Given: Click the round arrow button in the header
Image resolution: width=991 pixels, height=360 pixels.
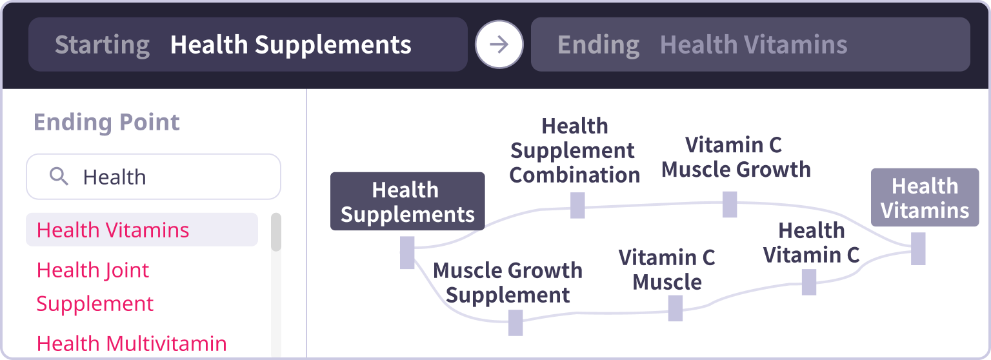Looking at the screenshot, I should click(x=499, y=45).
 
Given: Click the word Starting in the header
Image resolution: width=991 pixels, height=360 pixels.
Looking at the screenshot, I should click(x=102, y=45).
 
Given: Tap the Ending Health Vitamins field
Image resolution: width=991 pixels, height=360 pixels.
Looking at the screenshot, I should click(x=750, y=45).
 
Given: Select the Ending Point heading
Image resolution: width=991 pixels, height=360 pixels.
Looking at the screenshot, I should click(x=106, y=122).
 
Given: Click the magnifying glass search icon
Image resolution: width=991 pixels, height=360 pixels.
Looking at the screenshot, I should click(x=59, y=176).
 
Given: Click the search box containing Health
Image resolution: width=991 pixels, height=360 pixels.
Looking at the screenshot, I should click(x=154, y=176).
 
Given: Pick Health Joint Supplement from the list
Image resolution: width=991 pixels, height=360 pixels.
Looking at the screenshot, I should click(x=95, y=286).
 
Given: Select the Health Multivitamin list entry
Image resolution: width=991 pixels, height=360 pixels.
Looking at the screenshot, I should click(x=132, y=343).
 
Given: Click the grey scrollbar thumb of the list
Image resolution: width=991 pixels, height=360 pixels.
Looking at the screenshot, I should click(x=275, y=232).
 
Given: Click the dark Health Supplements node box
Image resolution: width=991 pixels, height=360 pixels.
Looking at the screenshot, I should click(x=407, y=201).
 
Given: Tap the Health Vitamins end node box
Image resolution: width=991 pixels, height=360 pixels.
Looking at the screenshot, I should click(x=925, y=197).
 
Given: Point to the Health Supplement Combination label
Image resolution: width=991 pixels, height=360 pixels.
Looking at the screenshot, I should click(x=574, y=150).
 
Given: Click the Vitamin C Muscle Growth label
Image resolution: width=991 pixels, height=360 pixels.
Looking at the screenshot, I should click(x=736, y=157).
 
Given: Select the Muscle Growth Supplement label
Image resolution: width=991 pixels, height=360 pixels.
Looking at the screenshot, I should click(x=507, y=283).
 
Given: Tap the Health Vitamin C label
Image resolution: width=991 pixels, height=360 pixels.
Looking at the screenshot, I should click(x=811, y=243).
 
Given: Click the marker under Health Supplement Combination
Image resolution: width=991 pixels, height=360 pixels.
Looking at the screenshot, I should click(x=577, y=205).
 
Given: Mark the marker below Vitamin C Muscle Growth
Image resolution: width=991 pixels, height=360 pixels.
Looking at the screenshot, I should click(x=730, y=204).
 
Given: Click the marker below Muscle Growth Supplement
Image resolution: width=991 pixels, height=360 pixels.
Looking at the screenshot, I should click(x=515, y=323).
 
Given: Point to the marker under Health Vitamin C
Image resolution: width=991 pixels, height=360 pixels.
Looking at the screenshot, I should click(x=809, y=282).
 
